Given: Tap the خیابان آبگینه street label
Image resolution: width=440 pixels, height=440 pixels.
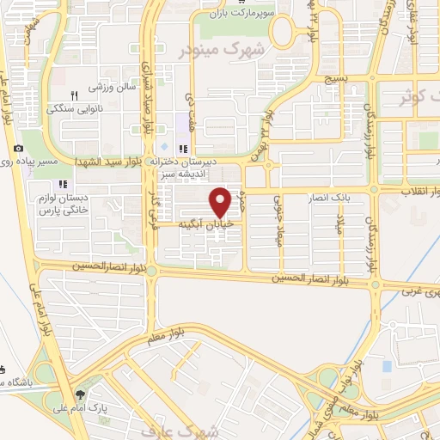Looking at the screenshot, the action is (x=206, y=223).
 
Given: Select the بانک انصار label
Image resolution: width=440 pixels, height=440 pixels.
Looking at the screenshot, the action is (x=345, y=197).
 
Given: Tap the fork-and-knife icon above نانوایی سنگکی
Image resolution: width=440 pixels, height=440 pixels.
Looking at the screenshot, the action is (x=75, y=96).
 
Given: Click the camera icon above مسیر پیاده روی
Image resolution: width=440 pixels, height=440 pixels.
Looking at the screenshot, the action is (x=18, y=149).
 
